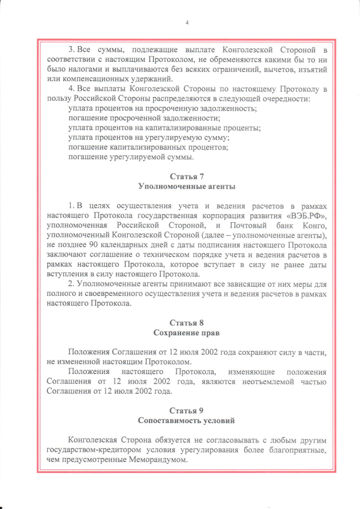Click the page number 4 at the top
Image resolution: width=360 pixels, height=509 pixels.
pyautogui.click(x=186, y=22)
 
